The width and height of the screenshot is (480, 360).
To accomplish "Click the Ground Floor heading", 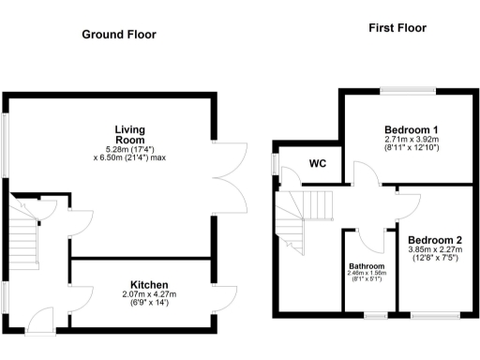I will pos(118,35).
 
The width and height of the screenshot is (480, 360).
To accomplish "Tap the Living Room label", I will pos(129,134).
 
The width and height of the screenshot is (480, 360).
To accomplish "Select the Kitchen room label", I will pos(149,284).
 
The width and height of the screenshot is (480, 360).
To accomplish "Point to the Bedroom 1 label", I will pos(412,129).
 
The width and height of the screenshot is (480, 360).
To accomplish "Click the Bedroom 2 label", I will pos(434,239).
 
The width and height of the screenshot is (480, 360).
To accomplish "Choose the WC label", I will pos(317,163).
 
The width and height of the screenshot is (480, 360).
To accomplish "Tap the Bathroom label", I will pos(367,265).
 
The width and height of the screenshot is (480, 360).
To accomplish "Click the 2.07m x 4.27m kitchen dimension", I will pos(149,294).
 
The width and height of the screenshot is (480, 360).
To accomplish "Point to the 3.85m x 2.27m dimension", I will pos(434,250).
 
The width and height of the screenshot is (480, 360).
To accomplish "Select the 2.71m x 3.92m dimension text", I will pos(412,140).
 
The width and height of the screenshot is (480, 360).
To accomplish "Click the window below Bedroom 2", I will pos(435,314).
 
